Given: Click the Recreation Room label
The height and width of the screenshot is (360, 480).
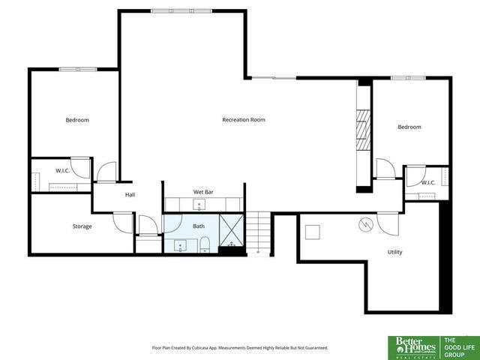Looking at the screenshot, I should point(243,120).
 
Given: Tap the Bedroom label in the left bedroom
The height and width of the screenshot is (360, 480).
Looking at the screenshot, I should point(76,120).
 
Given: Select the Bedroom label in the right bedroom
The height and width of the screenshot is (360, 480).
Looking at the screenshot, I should point(409,127).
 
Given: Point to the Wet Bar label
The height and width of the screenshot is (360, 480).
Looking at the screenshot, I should point(203,193).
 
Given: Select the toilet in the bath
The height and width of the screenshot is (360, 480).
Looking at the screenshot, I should point(204,242).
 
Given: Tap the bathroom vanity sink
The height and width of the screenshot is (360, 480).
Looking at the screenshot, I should point(180,244).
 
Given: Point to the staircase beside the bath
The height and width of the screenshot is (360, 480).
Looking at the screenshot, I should point(259,232).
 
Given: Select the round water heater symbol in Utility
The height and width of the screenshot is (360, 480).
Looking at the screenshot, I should point(364,223).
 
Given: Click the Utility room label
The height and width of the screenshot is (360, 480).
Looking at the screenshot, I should point(394,252).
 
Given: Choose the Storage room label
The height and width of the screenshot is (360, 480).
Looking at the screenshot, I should point(82,226).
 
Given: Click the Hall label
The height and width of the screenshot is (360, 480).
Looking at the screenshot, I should point(130,195).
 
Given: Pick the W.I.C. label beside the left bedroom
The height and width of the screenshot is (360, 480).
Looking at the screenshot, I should point(62,170).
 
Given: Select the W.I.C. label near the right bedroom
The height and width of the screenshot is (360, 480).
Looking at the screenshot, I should point(428,182).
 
